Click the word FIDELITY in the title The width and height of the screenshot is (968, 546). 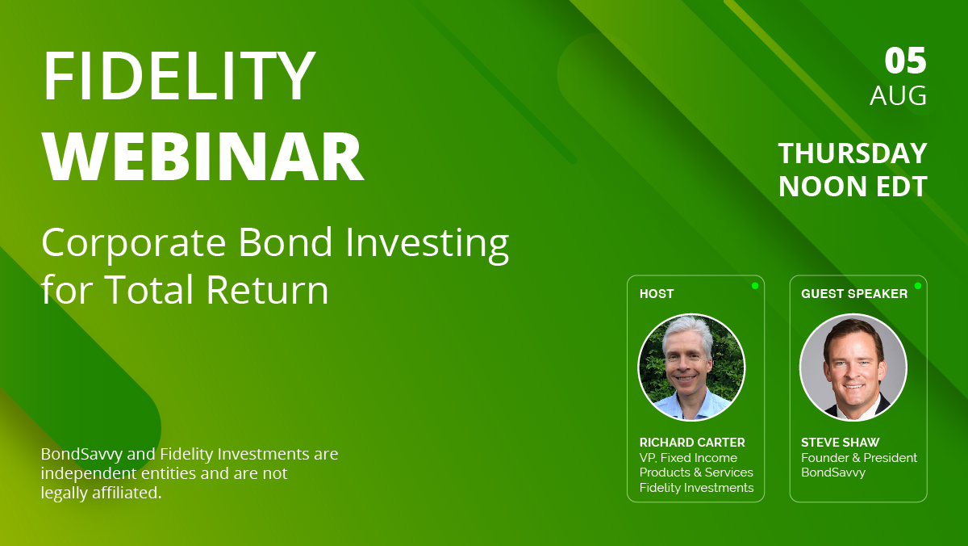(x=178, y=77)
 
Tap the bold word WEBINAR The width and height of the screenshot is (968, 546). (x=202, y=157)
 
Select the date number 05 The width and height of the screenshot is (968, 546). (x=905, y=61)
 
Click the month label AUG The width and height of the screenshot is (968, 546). (x=898, y=96)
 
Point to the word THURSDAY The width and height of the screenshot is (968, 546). (x=852, y=153)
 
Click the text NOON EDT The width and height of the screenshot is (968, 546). (x=852, y=187)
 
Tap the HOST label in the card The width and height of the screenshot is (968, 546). (x=656, y=294)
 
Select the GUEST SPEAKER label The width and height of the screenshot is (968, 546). (x=853, y=294)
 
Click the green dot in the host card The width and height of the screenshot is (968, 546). (x=755, y=285)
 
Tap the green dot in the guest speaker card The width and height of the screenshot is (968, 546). (x=918, y=285)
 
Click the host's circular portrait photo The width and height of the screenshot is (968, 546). (x=691, y=367)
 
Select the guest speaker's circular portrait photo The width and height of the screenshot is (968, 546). (x=853, y=367)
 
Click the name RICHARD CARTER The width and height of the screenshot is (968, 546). (x=692, y=443)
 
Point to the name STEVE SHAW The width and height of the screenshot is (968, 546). (x=840, y=443)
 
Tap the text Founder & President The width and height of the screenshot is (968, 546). (x=858, y=458)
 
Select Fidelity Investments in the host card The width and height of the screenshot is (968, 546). (x=696, y=488)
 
